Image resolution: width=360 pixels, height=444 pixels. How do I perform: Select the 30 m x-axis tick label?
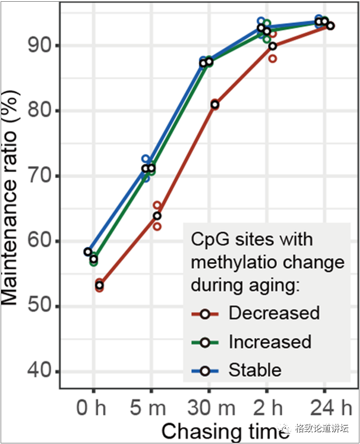point(209,410)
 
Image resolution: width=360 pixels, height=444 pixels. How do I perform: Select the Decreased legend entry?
point(274,313)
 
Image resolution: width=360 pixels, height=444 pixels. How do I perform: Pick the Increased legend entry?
point(270,342)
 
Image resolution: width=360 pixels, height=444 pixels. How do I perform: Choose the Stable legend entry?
point(255,370)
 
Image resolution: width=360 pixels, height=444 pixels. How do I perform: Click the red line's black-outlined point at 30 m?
point(214,105)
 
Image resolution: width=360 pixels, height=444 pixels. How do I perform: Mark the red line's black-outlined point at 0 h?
point(99,286)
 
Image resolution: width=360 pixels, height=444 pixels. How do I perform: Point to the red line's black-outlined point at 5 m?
point(157,216)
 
